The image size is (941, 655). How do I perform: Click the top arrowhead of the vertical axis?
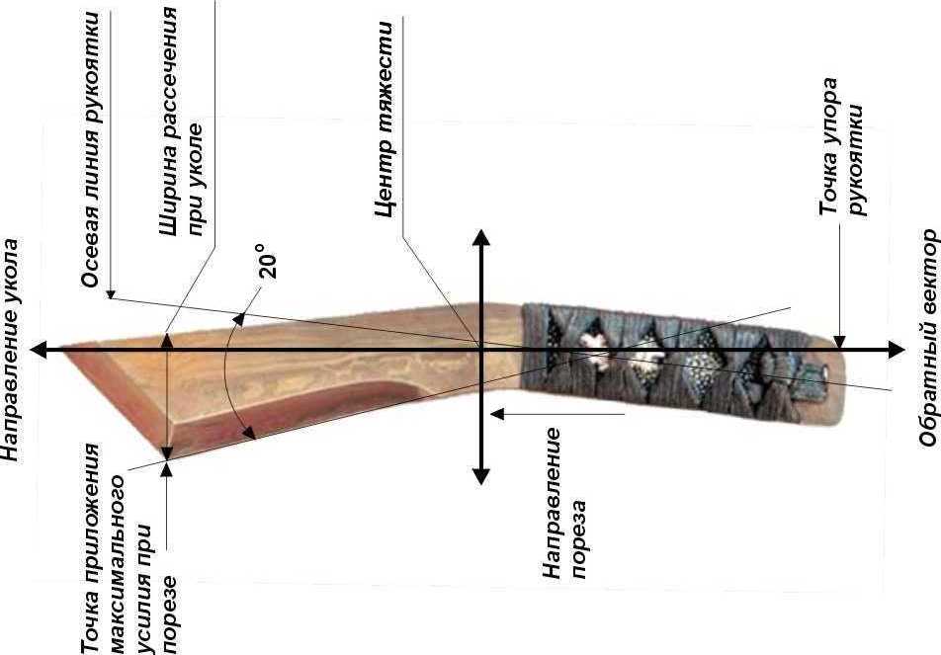(x=480, y=237)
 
